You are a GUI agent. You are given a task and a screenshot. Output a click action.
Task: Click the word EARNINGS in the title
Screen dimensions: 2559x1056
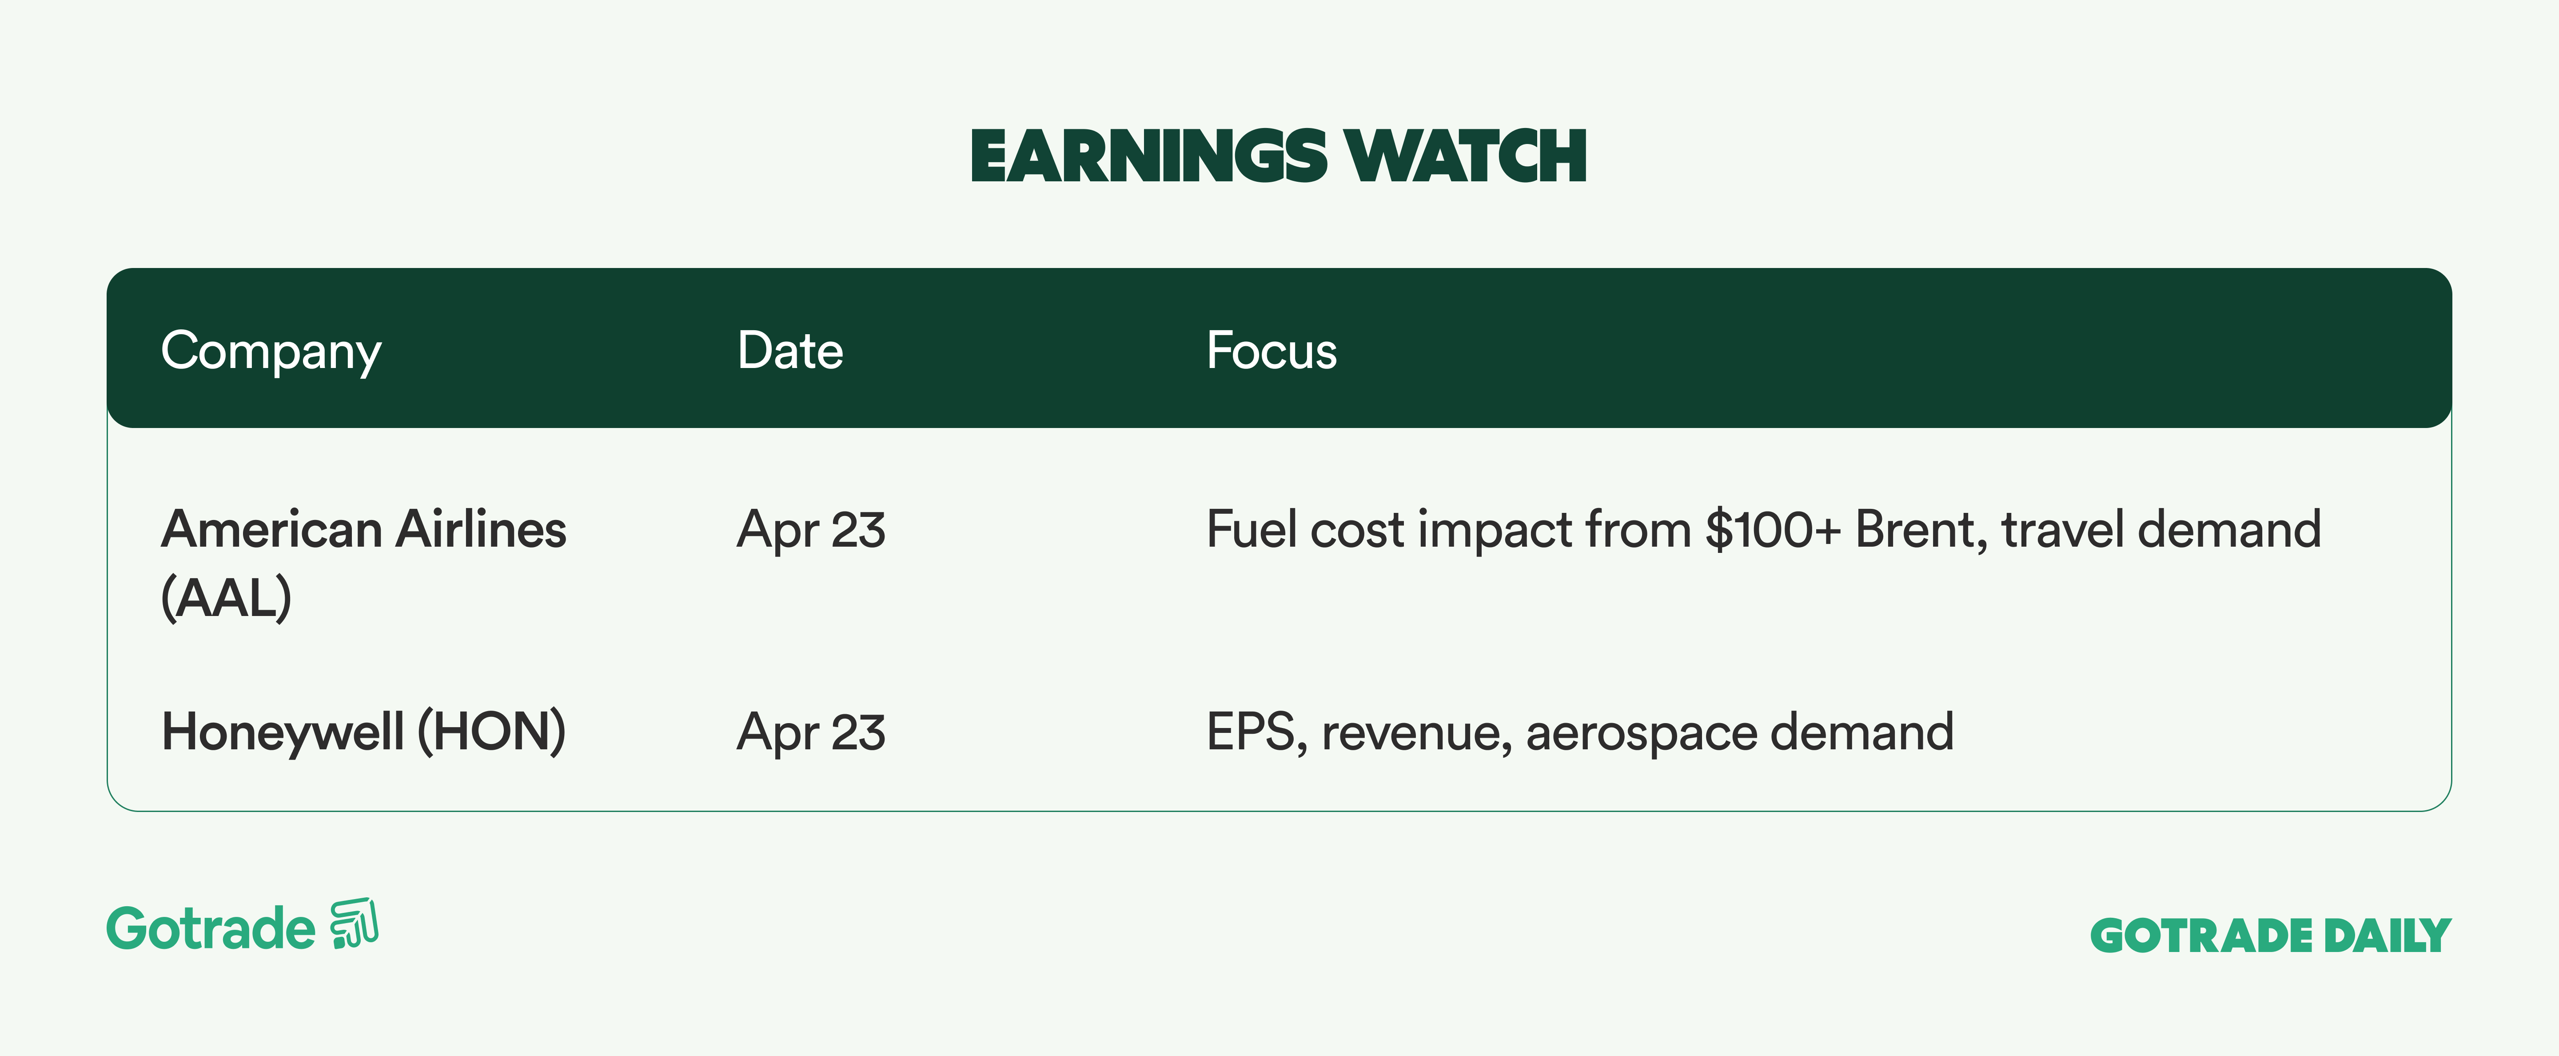pos(1148,157)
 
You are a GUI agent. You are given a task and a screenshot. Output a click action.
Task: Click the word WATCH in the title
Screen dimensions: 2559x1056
pos(1466,157)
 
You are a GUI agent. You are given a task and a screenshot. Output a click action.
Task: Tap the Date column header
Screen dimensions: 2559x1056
pos(790,351)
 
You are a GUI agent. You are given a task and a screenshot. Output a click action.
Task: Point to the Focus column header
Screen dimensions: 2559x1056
pos(1272,351)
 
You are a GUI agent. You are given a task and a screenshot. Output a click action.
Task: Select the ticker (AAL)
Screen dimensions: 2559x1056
pos(227,597)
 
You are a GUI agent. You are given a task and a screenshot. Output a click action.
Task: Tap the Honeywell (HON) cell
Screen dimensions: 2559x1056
pos(363,732)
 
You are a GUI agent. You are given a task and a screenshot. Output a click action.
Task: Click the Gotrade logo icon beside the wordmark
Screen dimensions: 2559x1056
pos(355,924)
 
